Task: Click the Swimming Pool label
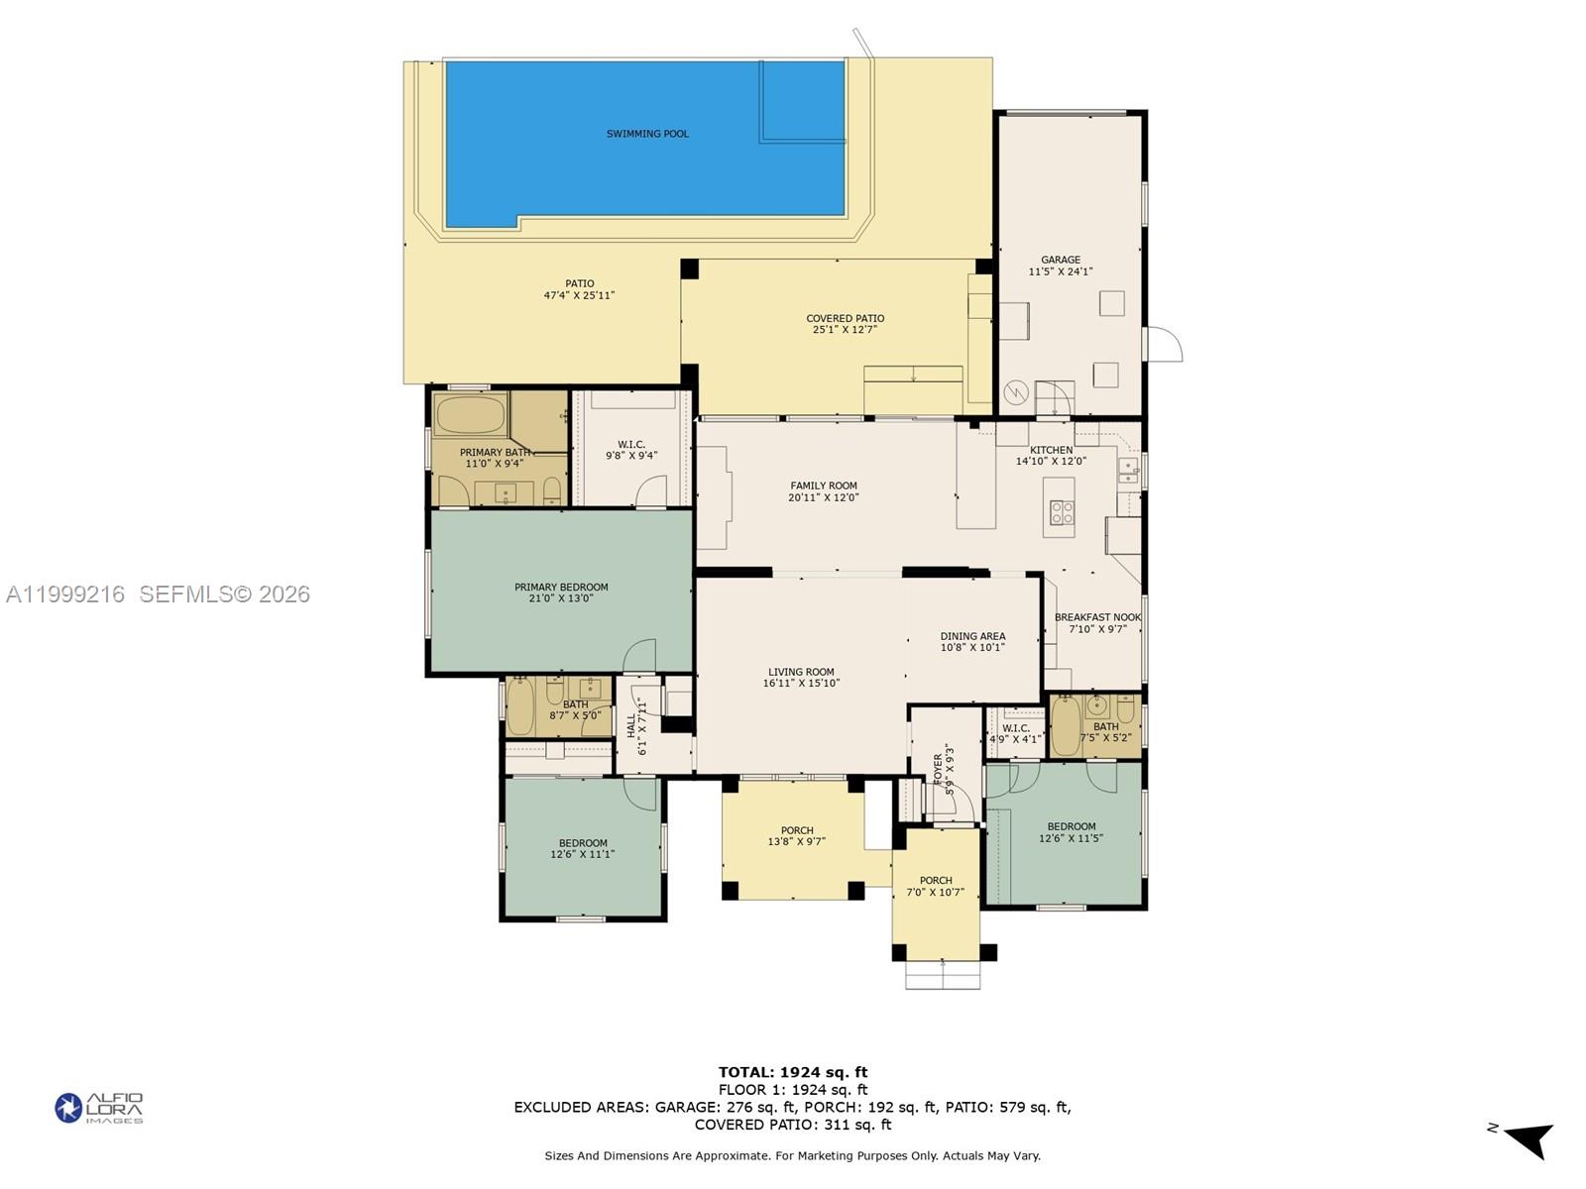pyautogui.click(x=647, y=134)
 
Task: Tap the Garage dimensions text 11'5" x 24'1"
pyautogui.click(x=1060, y=271)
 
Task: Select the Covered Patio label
pyautogui.click(x=845, y=319)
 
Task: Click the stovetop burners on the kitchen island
pyautogui.click(x=1062, y=512)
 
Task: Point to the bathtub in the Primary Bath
pyautogui.click(x=470, y=415)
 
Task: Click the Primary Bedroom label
pyautogui.click(x=561, y=588)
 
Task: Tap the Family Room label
pyautogui.click(x=823, y=486)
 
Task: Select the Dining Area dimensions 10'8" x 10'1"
pyautogui.click(x=972, y=648)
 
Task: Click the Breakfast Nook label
pyautogui.click(x=1097, y=617)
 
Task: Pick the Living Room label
pyautogui.click(x=800, y=672)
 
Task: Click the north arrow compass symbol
pyautogui.click(x=1528, y=1139)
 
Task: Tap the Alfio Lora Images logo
pyautogui.click(x=99, y=1108)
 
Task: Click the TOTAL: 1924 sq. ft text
pyautogui.click(x=792, y=1072)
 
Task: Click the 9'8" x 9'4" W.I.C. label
pyautogui.click(x=631, y=445)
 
